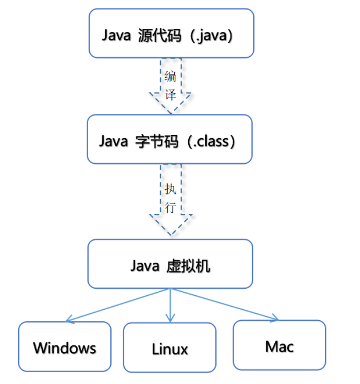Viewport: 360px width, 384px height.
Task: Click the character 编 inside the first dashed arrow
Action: (x=170, y=77)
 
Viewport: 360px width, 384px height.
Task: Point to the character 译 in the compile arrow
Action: (x=170, y=95)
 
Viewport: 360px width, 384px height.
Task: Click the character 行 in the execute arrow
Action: (x=171, y=207)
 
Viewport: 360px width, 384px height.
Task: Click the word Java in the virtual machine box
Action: (x=144, y=266)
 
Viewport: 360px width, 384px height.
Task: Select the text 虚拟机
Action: (x=188, y=266)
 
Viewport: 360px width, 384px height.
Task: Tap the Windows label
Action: (x=64, y=348)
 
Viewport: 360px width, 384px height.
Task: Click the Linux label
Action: (x=170, y=349)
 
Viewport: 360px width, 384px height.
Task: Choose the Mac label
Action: (x=279, y=346)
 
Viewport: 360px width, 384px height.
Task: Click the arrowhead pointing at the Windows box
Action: (x=69, y=320)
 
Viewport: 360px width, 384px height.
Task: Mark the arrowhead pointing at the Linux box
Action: (x=170, y=320)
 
